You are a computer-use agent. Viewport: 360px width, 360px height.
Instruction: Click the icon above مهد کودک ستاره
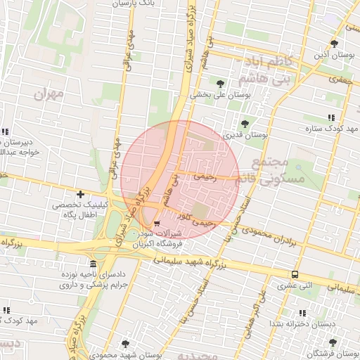coord(330,117)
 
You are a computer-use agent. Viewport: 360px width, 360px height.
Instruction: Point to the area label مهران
coord(48,93)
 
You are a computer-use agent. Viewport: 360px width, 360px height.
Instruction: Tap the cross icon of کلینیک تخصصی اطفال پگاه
coord(81,194)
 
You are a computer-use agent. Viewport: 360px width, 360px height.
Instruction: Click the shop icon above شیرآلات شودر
coord(155,224)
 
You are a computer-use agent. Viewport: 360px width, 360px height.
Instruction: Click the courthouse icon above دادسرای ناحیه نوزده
coord(93,264)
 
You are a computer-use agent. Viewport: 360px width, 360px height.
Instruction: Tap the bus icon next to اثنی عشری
coord(295,275)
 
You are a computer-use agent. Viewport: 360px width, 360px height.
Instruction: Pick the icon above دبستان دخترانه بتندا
coord(302,313)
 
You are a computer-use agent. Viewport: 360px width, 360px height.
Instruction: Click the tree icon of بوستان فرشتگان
coord(333,342)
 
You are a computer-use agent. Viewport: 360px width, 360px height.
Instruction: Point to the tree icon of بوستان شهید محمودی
coord(125,344)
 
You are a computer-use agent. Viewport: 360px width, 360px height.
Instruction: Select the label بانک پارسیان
coord(132,4)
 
